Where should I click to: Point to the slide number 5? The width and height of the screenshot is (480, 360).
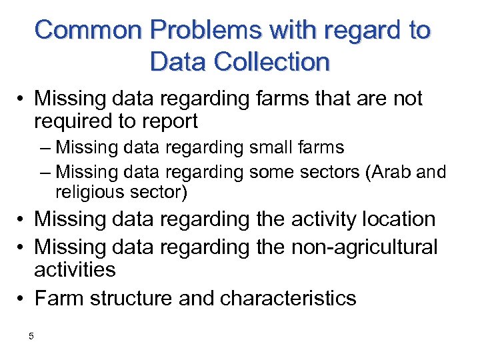31,336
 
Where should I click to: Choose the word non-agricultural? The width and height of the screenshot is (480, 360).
365,247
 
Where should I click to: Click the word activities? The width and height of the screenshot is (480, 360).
75,270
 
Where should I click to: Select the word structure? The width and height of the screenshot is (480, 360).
129,298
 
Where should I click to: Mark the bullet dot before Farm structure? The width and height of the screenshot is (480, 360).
23,299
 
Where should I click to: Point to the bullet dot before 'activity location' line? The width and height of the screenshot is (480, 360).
23,219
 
